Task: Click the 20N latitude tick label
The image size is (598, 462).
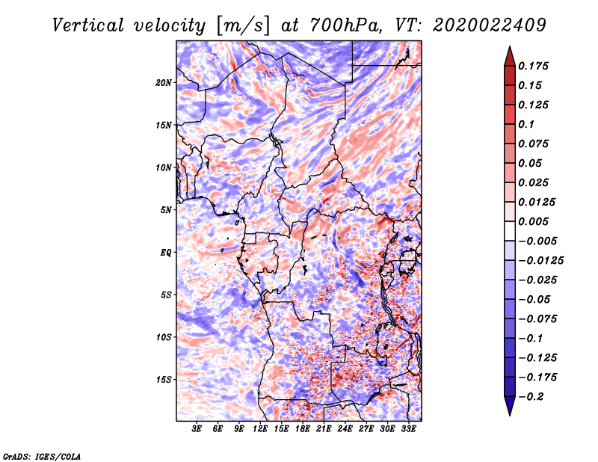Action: pos(164,82)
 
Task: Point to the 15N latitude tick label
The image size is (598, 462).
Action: pos(164,125)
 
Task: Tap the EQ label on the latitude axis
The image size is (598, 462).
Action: pos(166,253)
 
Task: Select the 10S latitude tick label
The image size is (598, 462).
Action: pos(164,337)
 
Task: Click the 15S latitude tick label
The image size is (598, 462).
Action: pos(164,380)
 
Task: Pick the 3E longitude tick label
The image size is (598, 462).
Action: pos(197,430)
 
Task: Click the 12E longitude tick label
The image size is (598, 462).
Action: pos(260,430)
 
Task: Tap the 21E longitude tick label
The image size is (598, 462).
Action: pos(324,430)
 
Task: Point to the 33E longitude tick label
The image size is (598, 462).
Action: pos(408,430)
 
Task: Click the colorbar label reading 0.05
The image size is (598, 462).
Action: pos(531,163)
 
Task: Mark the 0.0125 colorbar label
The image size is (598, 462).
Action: pos(537,202)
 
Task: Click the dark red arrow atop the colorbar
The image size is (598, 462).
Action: pos(508,55)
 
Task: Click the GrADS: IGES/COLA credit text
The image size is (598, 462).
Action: pos(41,455)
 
